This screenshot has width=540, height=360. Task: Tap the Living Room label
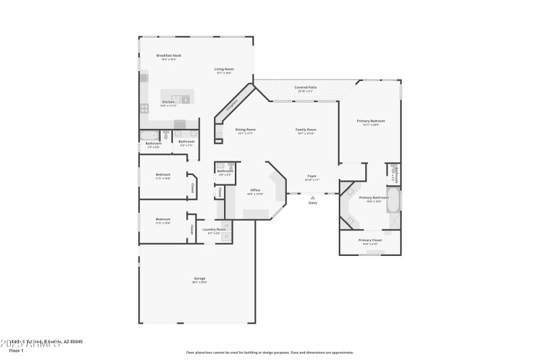[224, 69]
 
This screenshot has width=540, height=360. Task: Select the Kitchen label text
[168, 102]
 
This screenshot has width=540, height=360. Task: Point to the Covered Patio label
[305, 87]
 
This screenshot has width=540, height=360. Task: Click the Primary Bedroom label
[371, 121]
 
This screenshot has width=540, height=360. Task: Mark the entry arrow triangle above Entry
[313, 197]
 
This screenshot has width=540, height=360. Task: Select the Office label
[255, 190]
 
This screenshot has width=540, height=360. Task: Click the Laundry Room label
[214, 230]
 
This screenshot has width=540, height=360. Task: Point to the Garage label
[200, 278]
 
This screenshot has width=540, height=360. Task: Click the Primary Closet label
[370, 240]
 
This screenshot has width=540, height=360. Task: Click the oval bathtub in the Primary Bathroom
[393, 201]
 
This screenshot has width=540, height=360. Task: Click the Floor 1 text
[16, 351]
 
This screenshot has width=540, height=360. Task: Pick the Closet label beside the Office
[220, 192]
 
